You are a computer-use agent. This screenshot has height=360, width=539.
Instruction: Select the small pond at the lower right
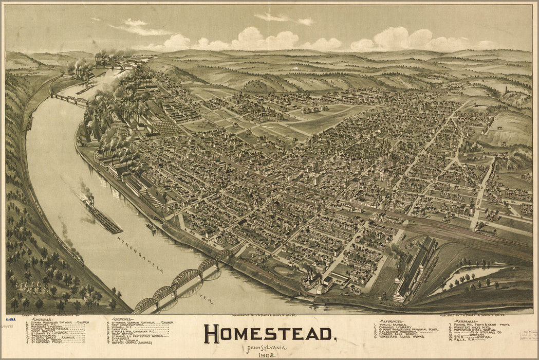470,275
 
